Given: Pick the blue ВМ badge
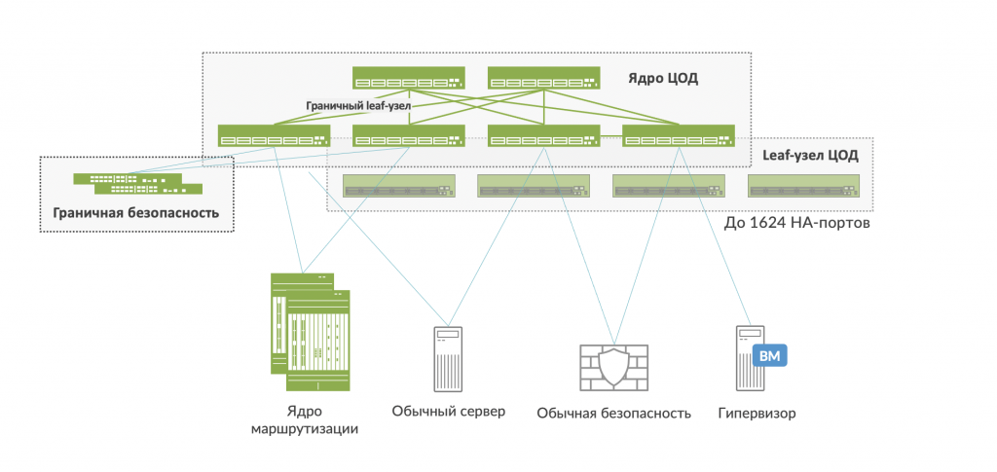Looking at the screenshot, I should [769, 356].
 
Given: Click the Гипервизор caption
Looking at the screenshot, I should [757, 413].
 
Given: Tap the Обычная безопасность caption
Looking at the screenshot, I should [613, 413].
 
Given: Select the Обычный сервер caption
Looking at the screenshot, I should [449, 411].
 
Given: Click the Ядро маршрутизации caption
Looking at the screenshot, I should [304, 419].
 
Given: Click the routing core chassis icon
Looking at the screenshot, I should [310, 323].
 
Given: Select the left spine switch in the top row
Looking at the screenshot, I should [409, 78].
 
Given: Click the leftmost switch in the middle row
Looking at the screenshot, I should [274, 136].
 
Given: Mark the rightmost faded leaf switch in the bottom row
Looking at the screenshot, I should [804, 185].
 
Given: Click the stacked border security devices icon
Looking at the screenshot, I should [137, 183].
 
